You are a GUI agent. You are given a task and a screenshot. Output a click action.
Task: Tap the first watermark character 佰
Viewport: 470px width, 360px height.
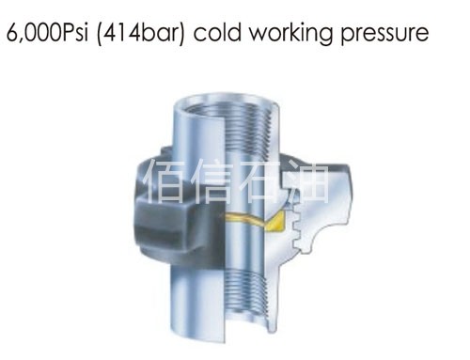[x=155, y=181]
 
